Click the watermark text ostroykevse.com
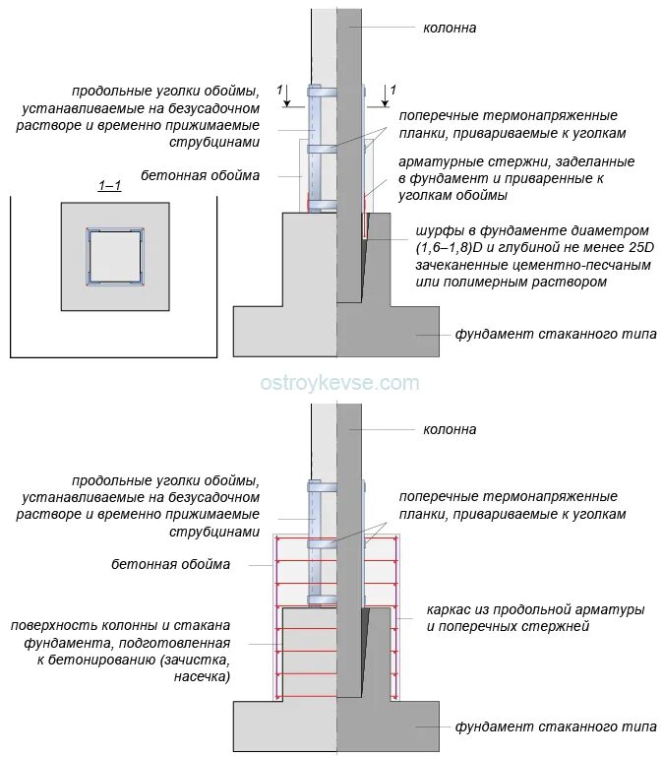(339, 383)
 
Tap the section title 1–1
(109, 185)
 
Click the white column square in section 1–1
(114, 257)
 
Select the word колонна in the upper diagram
(450, 28)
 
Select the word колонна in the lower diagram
(450, 429)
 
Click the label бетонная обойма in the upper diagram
(201, 175)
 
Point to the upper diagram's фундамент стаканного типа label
(555, 334)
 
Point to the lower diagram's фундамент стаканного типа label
(555, 727)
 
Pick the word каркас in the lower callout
(450, 609)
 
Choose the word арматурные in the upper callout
(439, 161)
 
